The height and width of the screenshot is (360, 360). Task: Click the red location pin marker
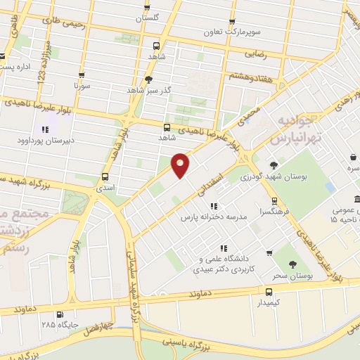coord(181,165)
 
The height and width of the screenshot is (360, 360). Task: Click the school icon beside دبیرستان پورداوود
coord(45,129)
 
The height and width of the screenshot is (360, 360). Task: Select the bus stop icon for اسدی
coord(105,176)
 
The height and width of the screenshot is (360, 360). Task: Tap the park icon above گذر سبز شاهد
coord(148,79)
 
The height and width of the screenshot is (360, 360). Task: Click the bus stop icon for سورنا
coord(82,75)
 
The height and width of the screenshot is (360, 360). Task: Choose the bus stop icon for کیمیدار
coord(269,291)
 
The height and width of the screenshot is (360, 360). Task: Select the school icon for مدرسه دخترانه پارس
coord(213,206)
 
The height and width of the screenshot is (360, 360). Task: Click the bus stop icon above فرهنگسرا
coord(271,199)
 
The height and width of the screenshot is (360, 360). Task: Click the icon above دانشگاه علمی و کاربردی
coord(224,247)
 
